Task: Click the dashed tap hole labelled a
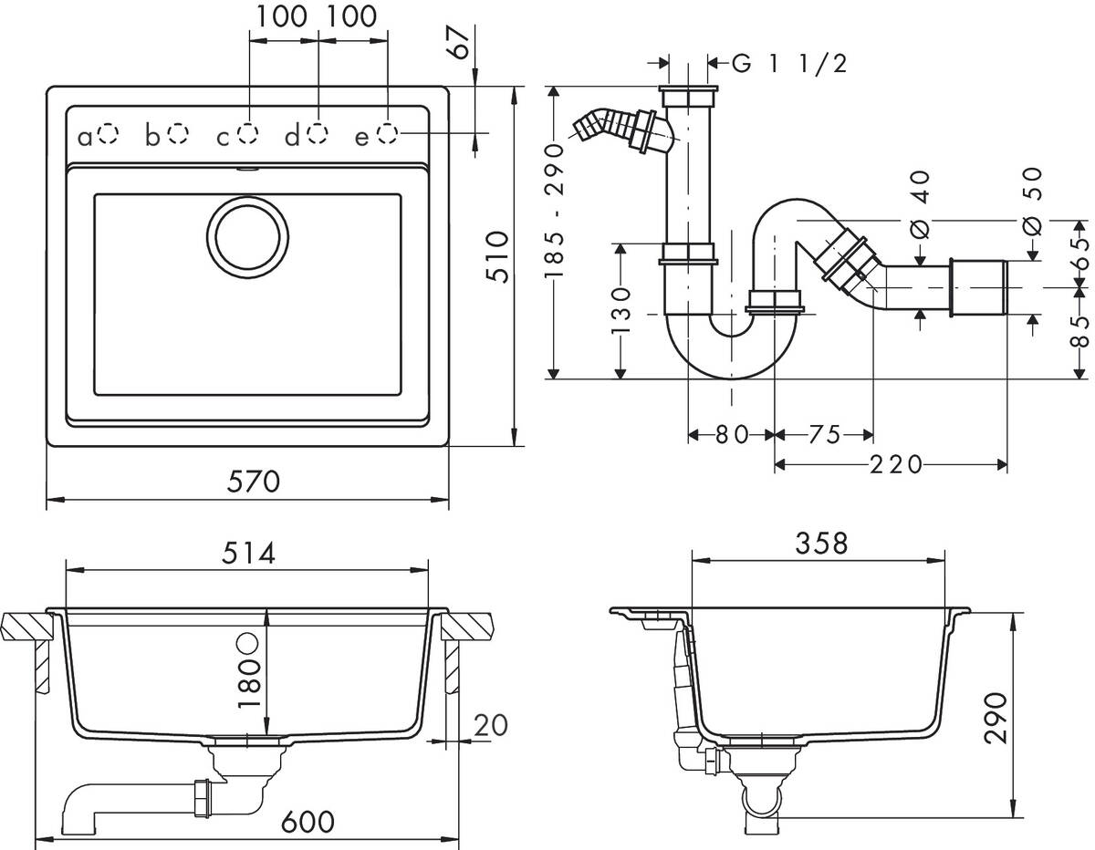(108, 135)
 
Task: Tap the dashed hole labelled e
(388, 135)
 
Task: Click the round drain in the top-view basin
(249, 236)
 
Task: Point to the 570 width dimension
(247, 480)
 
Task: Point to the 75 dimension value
(823, 435)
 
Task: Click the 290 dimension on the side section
(997, 718)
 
